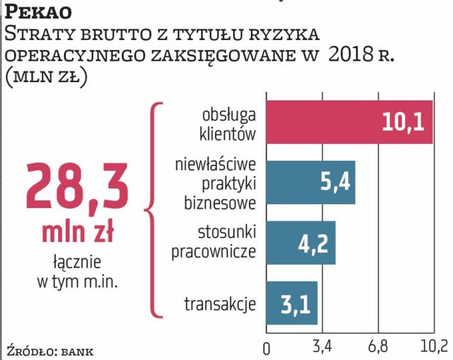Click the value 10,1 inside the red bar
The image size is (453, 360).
(x=406, y=123)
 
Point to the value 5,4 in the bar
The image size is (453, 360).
(x=333, y=182)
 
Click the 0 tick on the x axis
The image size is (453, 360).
(x=266, y=348)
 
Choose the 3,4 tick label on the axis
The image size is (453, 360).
(x=322, y=347)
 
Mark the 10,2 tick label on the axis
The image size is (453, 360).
(x=434, y=347)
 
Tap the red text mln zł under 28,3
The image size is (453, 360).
(x=77, y=233)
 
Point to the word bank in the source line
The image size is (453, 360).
(x=78, y=351)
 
